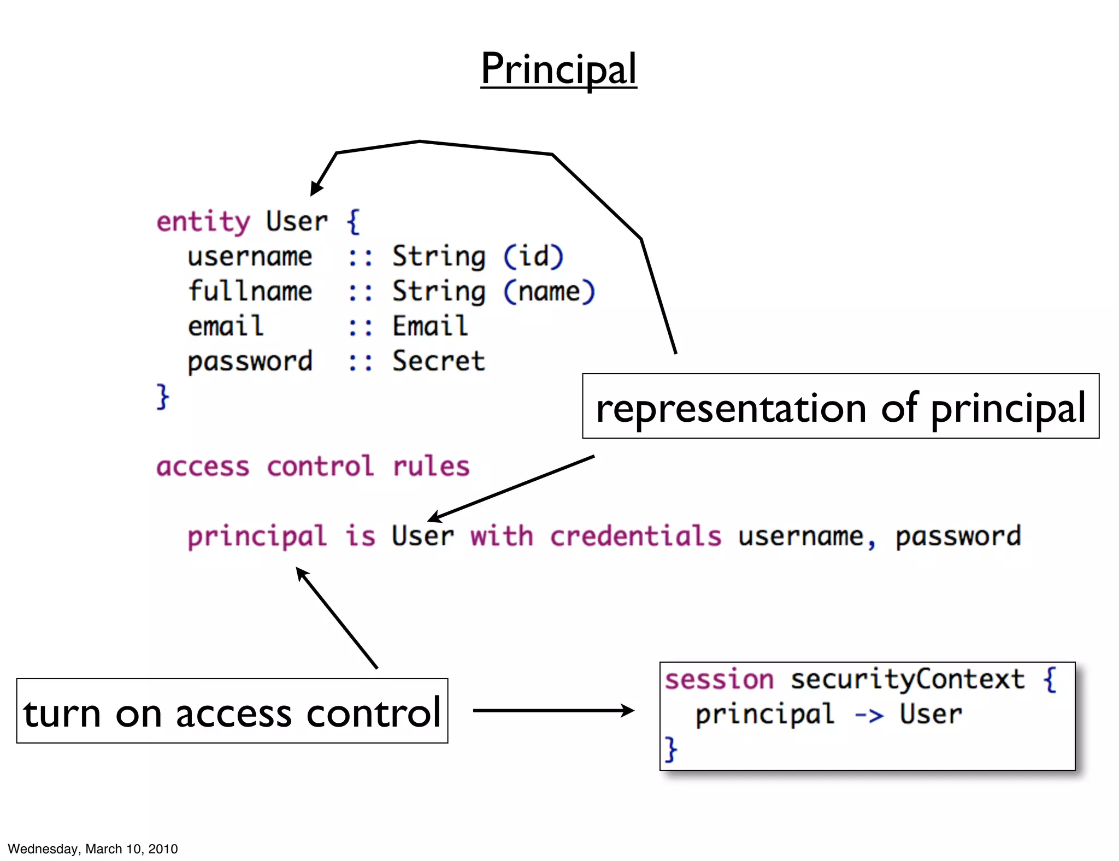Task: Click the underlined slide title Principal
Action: coord(558,69)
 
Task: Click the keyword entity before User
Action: coord(203,222)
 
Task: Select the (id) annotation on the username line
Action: coord(533,256)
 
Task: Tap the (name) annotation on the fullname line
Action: coord(549,291)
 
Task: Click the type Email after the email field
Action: coord(430,326)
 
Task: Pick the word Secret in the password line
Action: coord(438,361)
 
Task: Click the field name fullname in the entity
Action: coord(250,291)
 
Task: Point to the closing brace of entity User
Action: coord(163,396)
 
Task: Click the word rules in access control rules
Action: coord(431,467)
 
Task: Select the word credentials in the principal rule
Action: coord(635,536)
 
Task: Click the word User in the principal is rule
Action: coord(422,536)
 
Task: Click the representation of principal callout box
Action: coord(840,406)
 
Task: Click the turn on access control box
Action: coord(232,711)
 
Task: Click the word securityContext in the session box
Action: coord(908,680)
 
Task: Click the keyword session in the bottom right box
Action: coord(719,680)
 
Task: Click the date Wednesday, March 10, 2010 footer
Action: coord(93,848)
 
